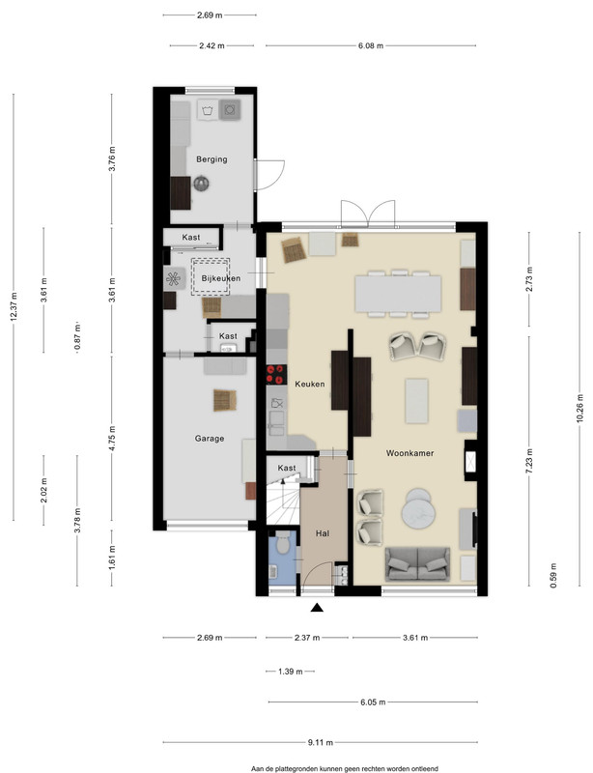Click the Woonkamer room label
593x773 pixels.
pyautogui.click(x=409, y=453)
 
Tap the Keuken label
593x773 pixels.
pyautogui.click(x=310, y=384)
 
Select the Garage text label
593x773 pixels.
pyautogui.click(x=210, y=439)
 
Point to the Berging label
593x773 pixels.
pyautogui.click(x=212, y=159)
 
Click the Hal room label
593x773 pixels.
pyautogui.click(x=323, y=533)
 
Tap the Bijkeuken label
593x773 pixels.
pyautogui.click(x=221, y=278)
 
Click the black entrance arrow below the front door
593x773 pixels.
pyautogui.click(x=317, y=608)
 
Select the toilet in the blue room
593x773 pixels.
pyautogui.click(x=283, y=544)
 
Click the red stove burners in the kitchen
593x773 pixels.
pyautogui.click(x=276, y=375)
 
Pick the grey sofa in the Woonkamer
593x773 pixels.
pyautogui.click(x=417, y=563)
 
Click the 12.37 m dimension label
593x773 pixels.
pyautogui.click(x=14, y=306)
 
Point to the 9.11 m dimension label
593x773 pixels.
pyautogui.click(x=321, y=742)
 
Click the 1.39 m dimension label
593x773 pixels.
pyautogui.click(x=291, y=671)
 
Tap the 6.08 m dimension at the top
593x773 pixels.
pyautogui.click(x=371, y=45)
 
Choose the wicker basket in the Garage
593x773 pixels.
pyautogui.click(x=225, y=400)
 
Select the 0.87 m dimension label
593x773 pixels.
pyautogui.click(x=77, y=337)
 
